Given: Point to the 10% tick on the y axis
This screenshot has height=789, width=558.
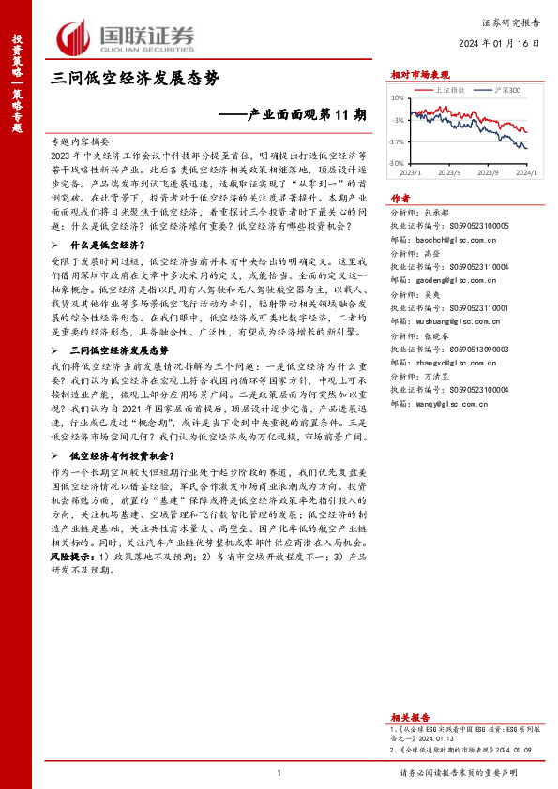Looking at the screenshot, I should coord(398,97).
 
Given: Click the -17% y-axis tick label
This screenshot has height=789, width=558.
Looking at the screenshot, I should coord(397,142).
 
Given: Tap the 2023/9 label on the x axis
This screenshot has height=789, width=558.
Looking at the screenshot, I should coord(488,172).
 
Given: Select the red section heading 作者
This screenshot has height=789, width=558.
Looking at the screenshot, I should coord(400,198).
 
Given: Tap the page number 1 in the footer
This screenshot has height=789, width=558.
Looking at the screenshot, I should coord(279,771).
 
